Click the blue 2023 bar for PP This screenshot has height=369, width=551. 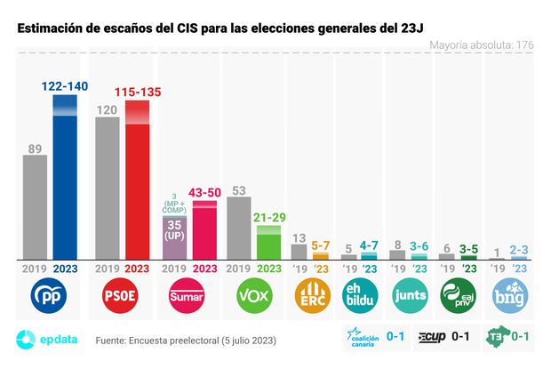[x=65, y=178]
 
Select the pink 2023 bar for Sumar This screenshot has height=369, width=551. [x=204, y=231]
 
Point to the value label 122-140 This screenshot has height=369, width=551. [x=66, y=86]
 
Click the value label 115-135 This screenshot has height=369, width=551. [x=137, y=92]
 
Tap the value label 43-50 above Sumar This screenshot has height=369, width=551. [x=204, y=192]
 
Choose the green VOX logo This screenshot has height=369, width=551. [x=253, y=295]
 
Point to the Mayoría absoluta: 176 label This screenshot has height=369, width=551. [x=481, y=44]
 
